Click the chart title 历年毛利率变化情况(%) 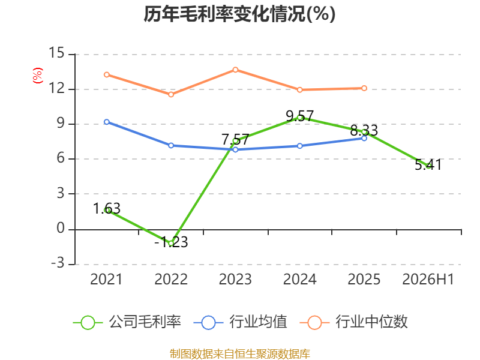(x=239, y=14)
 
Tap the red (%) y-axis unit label (x=38, y=76)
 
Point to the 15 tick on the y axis (x=56, y=53)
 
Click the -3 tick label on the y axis (x=58, y=263)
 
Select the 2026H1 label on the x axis (x=428, y=279)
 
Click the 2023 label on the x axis (x=235, y=279)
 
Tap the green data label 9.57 (x=299, y=116)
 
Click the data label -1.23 (x=171, y=242)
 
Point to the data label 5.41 (x=428, y=164)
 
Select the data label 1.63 (x=107, y=209)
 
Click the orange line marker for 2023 (x=235, y=70)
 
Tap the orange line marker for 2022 (x=171, y=94)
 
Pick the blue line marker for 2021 (x=107, y=122)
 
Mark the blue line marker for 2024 (x=299, y=146)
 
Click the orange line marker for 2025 (x=364, y=88)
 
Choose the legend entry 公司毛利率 (x=127, y=322)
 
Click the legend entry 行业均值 (x=241, y=322)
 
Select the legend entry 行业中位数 (x=353, y=322)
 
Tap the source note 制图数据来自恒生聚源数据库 (x=240, y=354)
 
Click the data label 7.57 (x=235, y=140)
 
